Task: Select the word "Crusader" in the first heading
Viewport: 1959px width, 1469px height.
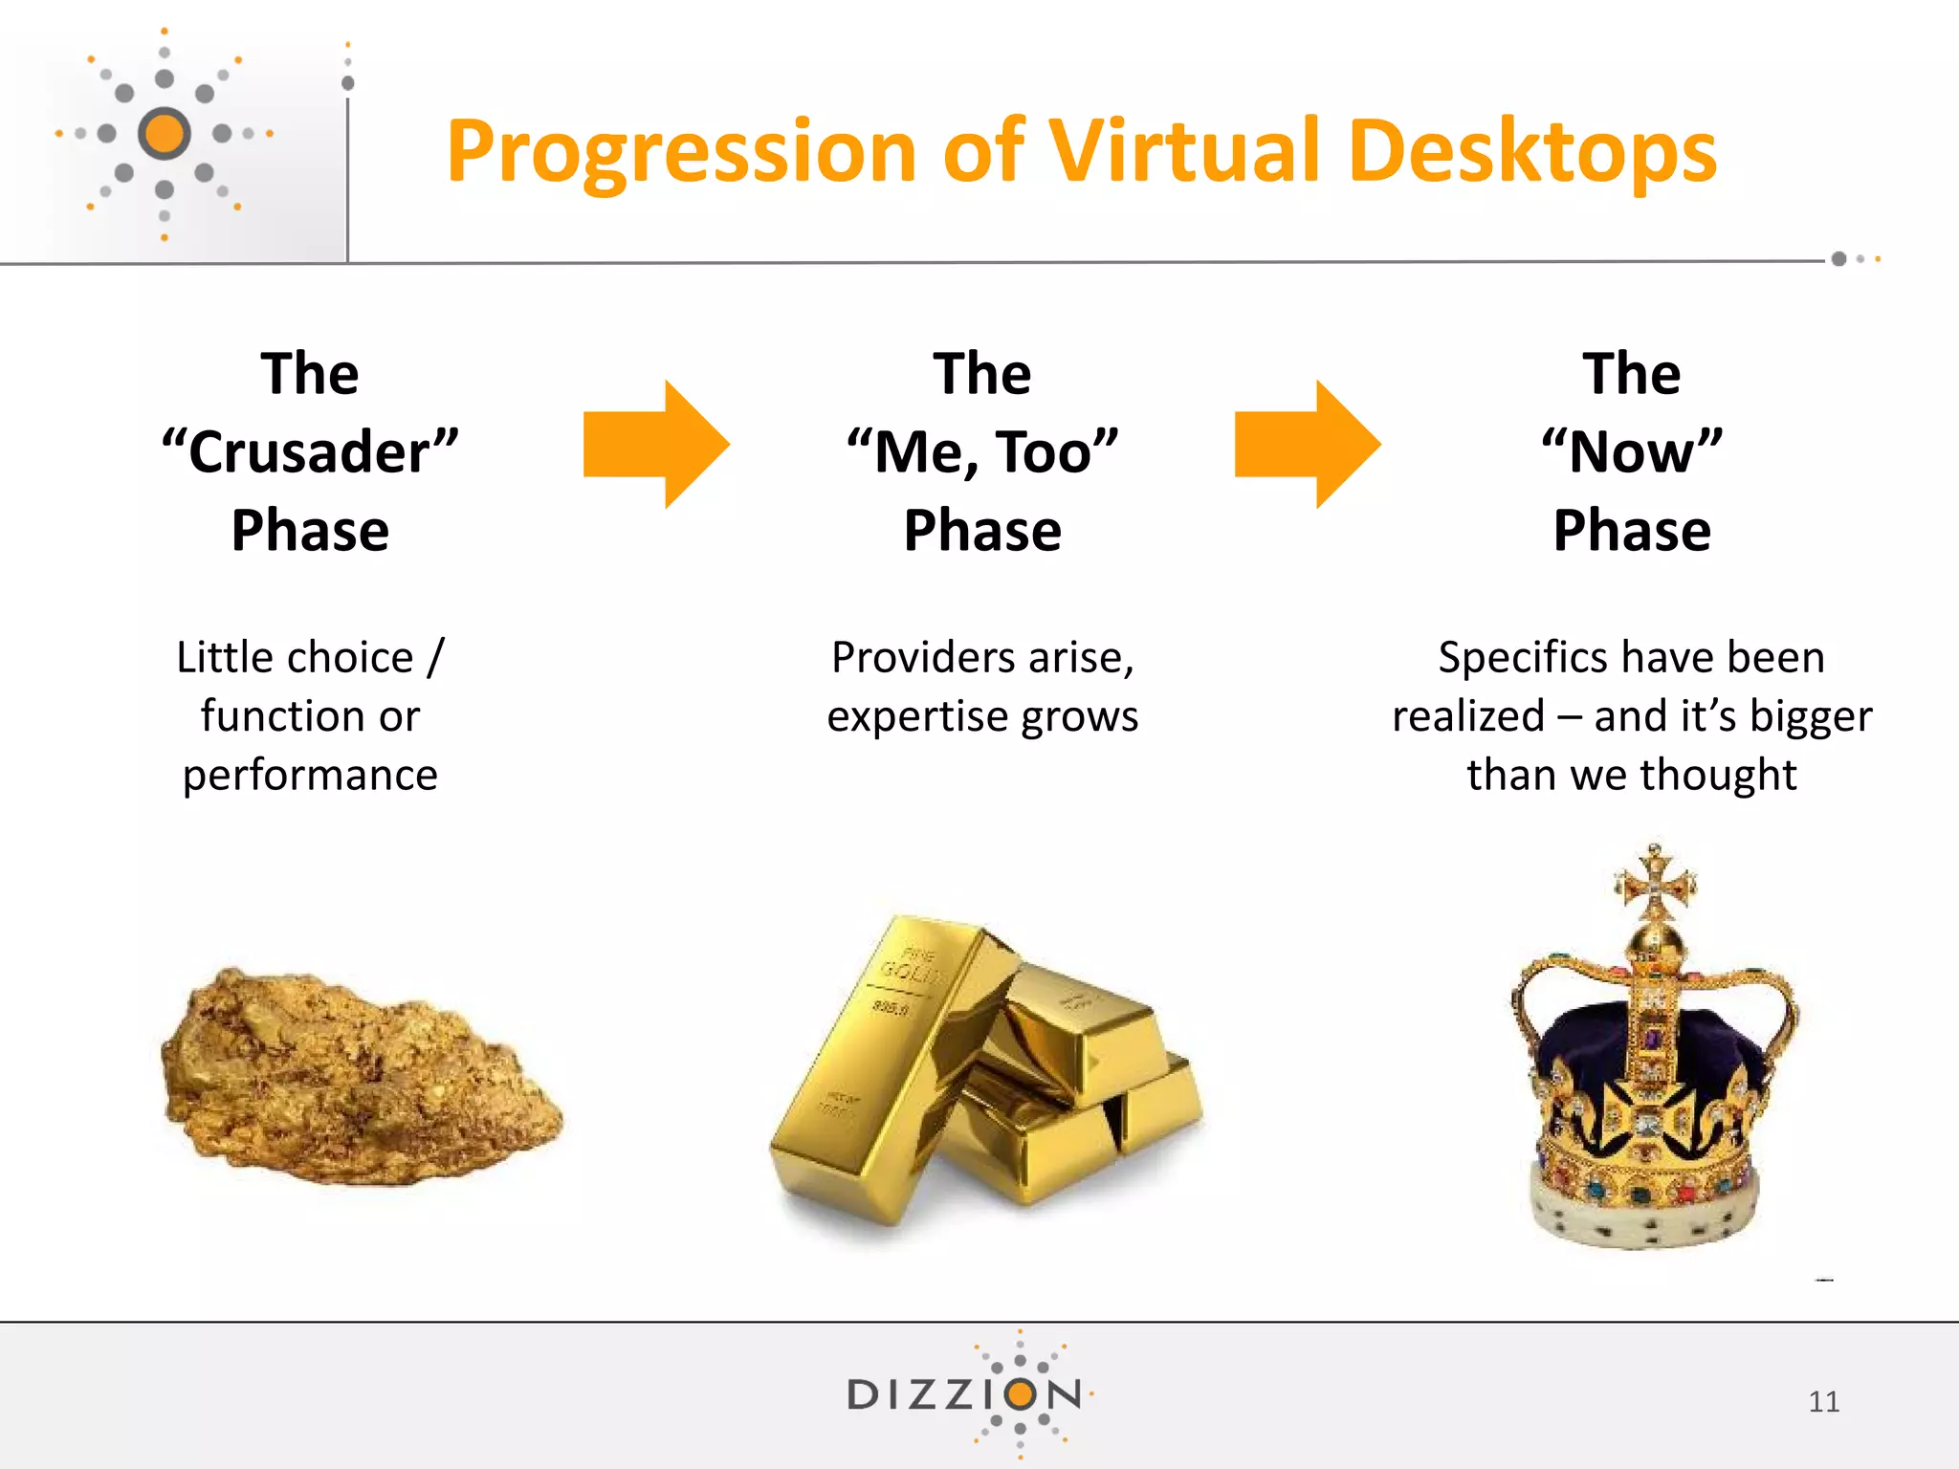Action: (310, 451)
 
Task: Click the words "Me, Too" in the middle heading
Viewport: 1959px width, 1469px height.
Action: (982, 451)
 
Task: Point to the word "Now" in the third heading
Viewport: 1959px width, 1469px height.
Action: (1632, 451)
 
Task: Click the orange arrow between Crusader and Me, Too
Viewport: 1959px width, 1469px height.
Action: (656, 444)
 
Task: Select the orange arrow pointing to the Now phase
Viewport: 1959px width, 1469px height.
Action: (1307, 444)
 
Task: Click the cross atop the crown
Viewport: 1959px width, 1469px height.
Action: (1655, 882)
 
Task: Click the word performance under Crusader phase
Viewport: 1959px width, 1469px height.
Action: (310, 775)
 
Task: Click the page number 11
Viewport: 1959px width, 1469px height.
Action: (1823, 1402)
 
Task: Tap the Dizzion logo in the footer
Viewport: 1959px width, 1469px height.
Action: (966, 1394)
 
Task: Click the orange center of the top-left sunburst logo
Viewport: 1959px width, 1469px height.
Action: (165, 133)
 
